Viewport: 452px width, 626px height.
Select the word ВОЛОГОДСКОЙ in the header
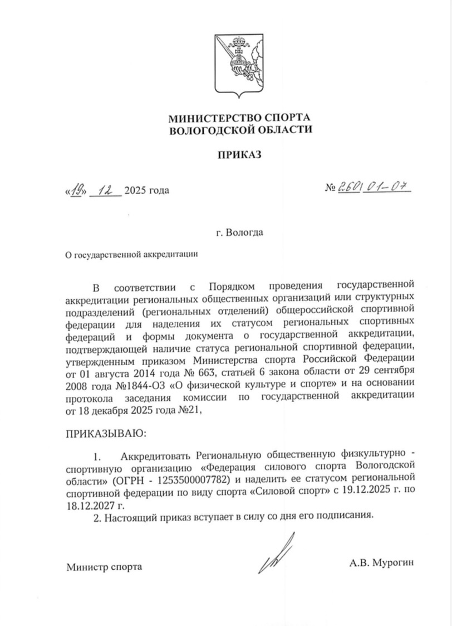click(215, 130)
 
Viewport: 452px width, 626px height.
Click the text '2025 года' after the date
click(146, 191)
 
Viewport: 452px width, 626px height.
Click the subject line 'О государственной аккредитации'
click(132, 254)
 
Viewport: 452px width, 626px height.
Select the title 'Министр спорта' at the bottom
click(104, 567)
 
